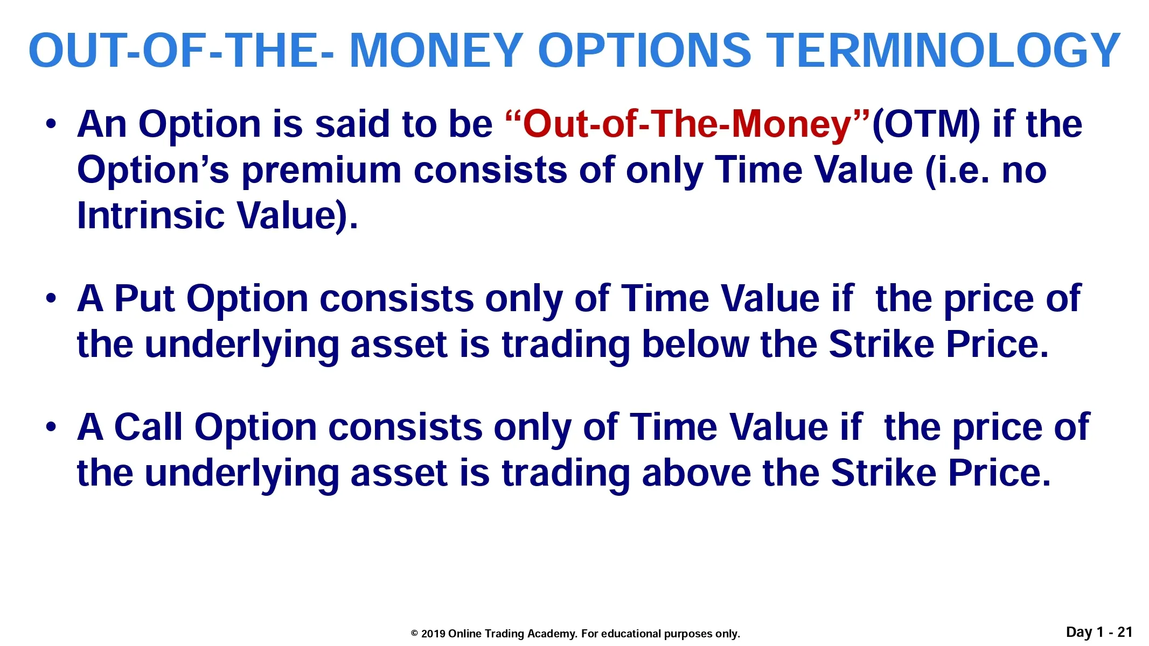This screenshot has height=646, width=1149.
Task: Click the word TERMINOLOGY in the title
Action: [x=943, y=50]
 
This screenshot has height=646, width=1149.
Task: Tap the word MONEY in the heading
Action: [x=437, y=50]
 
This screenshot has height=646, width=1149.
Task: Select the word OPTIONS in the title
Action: [x=644, y=50]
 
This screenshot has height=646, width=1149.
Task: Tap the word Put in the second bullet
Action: [x=144, y=298]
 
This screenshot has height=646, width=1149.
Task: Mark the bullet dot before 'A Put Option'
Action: [x=51, y=299]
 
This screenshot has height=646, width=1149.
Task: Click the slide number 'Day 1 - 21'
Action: [x=1099, y=632]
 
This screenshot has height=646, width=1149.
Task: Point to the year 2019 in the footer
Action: [x=433, y=634]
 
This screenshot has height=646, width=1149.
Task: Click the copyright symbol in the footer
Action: [x=414, y=634]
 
